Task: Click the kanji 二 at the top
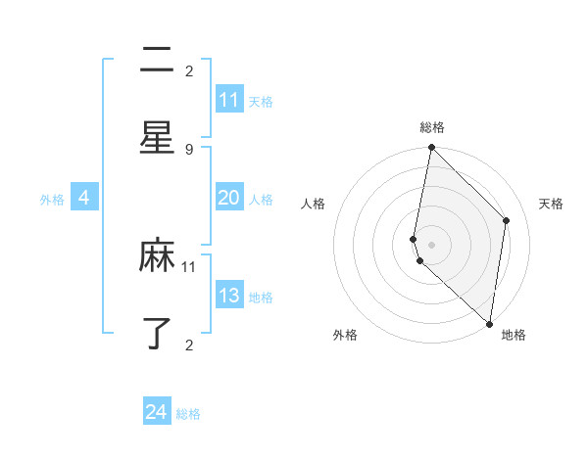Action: [x=157, y=61]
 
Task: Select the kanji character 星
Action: [x=157, y=137]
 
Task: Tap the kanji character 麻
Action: [x=157, y=256]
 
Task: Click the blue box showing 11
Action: [x=229, y=100]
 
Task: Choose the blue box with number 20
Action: [x=229, y=198]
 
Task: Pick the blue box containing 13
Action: [x=229, y=296]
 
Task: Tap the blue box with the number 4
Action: [x=84, y=198]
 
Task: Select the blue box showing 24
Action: [x=157, y=412]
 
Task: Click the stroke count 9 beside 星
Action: [x=189, y=149]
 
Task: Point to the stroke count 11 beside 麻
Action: [x=189, y=266]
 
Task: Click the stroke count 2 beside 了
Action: [x=189, y=345]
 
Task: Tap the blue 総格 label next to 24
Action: [x=188, y=414]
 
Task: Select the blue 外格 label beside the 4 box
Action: [x=52, y=200]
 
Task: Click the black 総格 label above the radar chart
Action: [x=432, y=127]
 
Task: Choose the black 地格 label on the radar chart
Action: [x=514, y=336]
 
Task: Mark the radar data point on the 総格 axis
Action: [x=431, y=148]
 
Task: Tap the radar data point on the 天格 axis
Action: [x=507, y=220]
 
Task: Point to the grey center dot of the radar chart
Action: [x=431, y=245]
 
